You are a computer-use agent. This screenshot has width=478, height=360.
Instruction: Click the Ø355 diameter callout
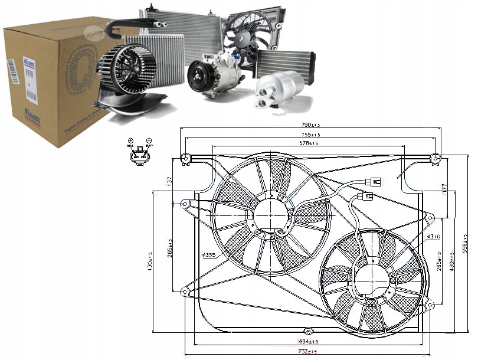pos(209,255)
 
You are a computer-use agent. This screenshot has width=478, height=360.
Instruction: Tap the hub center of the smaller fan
pos(372,277)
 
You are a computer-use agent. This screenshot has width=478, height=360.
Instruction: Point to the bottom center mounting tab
pos(306,331)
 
